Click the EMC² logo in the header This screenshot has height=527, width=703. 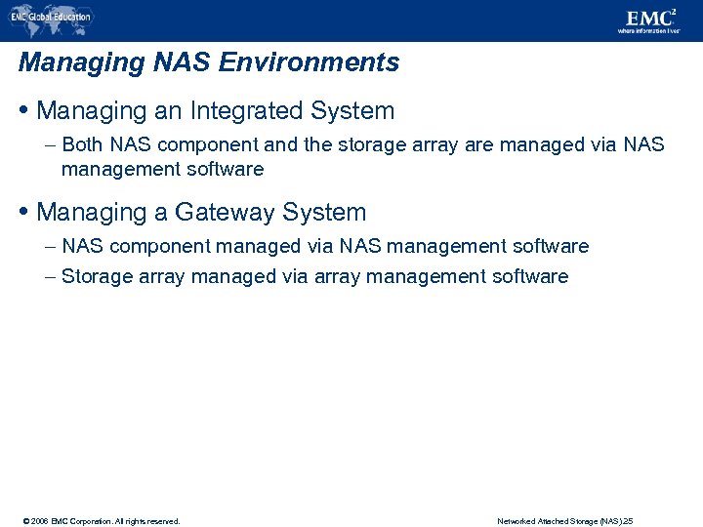649,17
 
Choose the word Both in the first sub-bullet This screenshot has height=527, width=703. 83,145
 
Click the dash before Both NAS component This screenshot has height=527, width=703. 50,145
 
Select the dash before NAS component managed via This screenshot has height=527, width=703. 50,247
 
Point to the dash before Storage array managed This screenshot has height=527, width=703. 50,277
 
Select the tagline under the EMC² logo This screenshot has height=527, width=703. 649,30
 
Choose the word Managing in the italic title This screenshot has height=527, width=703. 66,63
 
